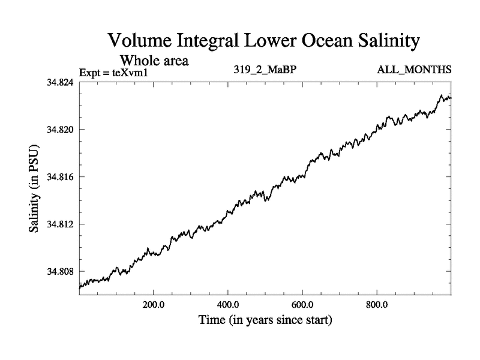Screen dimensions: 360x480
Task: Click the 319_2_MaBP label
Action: click(x=265, y=71)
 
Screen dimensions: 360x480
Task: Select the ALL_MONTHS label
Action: click(x=414, y=71)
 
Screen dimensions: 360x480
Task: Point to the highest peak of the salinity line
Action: click(x=442, y=95)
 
